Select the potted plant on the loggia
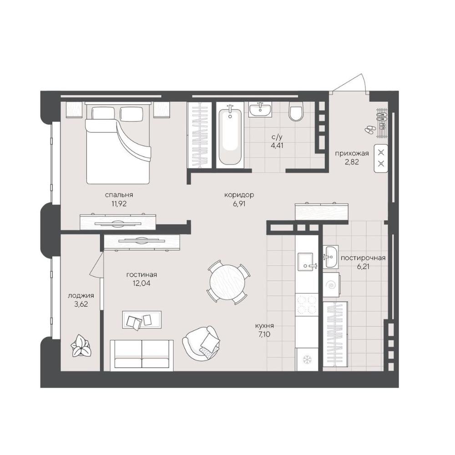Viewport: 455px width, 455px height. pos(81,345)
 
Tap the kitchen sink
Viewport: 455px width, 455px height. pos(306,262)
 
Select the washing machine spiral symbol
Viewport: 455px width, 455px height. pos(331,285)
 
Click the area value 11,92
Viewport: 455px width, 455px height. pos(119,203)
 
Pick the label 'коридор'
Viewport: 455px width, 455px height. pos(239,195)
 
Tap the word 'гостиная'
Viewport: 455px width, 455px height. pos(142,274)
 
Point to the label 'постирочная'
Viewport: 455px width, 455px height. pos(363,258)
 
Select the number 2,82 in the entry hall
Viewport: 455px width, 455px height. pos(352,162)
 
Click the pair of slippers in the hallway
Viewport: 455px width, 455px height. pos(369,129)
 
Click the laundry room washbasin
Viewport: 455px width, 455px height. pos(330,257)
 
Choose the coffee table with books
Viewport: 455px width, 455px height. pos(142,319)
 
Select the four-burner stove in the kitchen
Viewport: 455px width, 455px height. pos(307,305)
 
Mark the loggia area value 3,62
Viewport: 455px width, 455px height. pos(81,304)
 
